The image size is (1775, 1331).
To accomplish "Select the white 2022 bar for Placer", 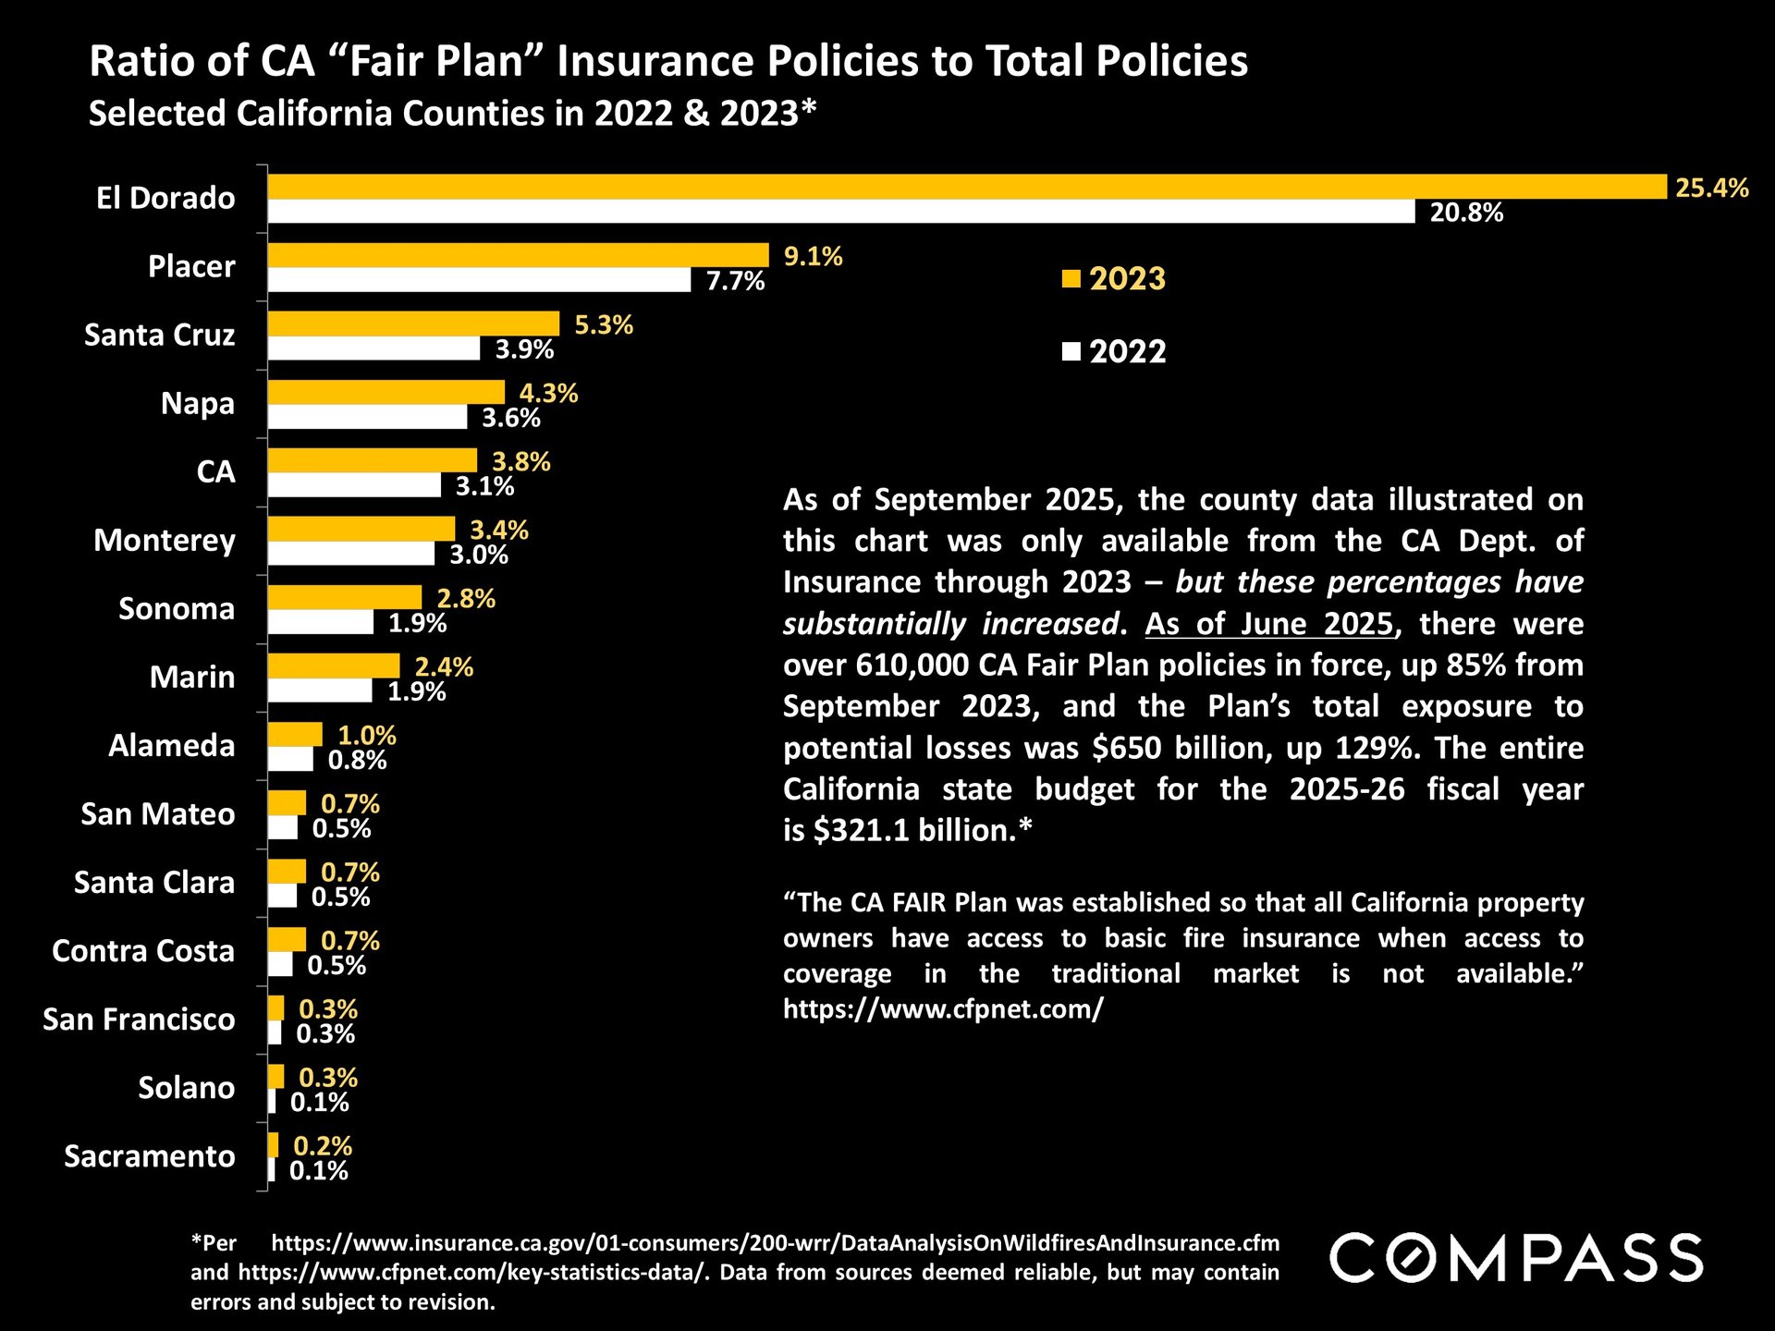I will (x=479, y=280).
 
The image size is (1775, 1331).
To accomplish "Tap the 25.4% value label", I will (x=1712, y=188).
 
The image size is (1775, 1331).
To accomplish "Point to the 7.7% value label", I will (x=735, y=281).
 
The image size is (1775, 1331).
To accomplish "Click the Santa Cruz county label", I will (x=159, y=335).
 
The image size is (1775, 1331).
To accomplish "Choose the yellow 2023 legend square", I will (x=1071, y=278).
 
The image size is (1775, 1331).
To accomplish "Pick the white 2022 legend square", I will (x=1071, y=351).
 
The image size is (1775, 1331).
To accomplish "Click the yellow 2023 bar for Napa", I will (x=386, y=392).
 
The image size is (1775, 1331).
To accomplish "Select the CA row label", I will (x=215, y=471).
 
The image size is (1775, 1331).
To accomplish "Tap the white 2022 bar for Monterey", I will (x=351, y=554).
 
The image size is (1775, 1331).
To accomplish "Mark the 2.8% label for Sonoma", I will (x=466, y=599).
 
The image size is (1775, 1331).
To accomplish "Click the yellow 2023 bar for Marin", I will (x=334, y=665).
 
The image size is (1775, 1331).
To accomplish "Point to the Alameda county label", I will (x=171, y=745).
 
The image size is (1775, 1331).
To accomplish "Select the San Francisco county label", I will (x=139, y=1019).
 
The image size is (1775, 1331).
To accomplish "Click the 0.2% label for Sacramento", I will (x=323, y=1146).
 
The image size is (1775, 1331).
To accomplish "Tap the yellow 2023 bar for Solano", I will (x=275, y=1077).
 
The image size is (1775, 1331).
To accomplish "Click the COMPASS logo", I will (x=1516, y=1258).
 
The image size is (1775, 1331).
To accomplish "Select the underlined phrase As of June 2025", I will (x=1268, y=624).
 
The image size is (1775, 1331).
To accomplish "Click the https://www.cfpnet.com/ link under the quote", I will (x=943, y=1008).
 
